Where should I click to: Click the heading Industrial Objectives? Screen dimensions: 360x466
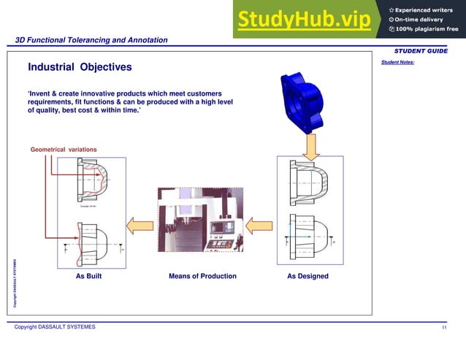(x=80, y=67)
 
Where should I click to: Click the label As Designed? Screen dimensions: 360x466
(x=308, y=276)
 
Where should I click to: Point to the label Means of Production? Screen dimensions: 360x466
(x=202, y=276)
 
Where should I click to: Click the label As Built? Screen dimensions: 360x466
(x=88, y=276)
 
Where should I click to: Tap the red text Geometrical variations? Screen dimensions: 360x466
(x=64, y=150)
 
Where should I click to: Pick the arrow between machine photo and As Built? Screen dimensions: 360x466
(x=140, y=223)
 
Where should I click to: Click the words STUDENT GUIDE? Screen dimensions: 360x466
(x=421, y=51)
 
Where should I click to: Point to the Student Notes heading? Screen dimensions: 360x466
(x=397, y=62)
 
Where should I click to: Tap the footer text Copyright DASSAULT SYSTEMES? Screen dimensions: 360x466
(x=55, y=326)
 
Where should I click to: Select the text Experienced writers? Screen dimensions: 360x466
(x=426, y=8)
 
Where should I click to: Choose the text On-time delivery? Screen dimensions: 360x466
(x=419, y=18)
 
